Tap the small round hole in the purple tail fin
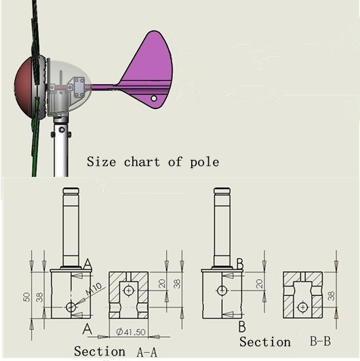pyautogui.click(x=154, y=98)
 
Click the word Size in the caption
pyautogui.click(x=102, y=162)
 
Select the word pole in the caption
pyautogui.click(x=205, y=162)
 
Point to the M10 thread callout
pyautogui.click(x=94, y=289)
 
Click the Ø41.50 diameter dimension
pyautogui.click(x=131, y=332)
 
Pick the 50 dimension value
pyautogui.click(x=26, y=297)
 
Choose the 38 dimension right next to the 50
pyautogui.click(x=39, y=297)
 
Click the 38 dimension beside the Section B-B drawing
pyautogui.click(x=332, y=296)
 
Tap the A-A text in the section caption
pyautogui.click(x=147, y=352)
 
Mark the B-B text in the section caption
pyautogui.click(x=321, y=341)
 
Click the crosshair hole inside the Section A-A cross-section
pyautogui.click(x=128, y=291)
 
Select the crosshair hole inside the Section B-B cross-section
pyautogui.click(x=302, y=307)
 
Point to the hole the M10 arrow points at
pyautogui.click(x=71, y=307)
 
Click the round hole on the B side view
pyautogui.click(x=222, y=291)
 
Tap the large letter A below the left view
pyautogui.click(x=87, y=328)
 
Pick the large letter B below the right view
pyautogui.click(x=242, y=326)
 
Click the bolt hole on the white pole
pyautogui.click(x=62, y=129)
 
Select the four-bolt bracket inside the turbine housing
pyautogui.click(x=79, y=88)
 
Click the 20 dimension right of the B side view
pyautogui.click(x=259, y=284)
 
